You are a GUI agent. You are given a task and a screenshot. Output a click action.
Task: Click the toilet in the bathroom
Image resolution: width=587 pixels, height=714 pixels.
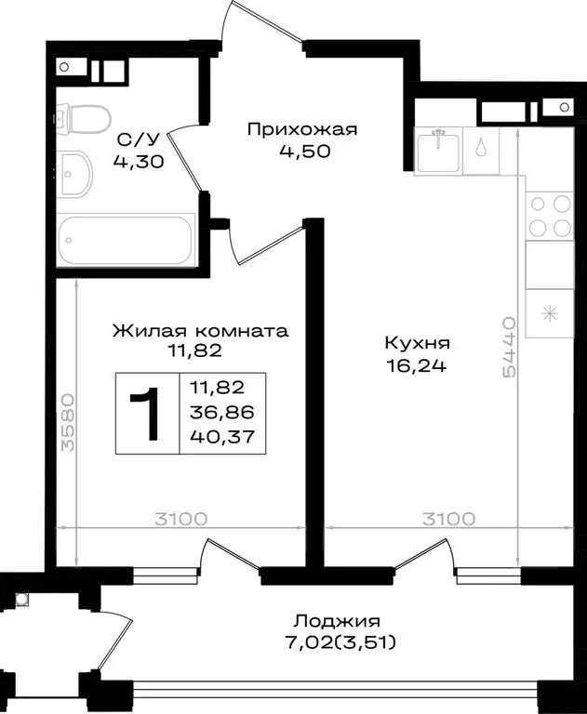(x=84, y=118)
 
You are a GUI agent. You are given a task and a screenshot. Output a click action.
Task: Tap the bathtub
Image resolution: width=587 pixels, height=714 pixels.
(x=125, y=241)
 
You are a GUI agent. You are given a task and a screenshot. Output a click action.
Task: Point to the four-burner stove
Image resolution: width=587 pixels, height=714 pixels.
(x=549, y=216)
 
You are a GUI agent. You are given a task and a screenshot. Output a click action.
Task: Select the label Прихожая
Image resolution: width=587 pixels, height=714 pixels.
(x=301, y=129)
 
